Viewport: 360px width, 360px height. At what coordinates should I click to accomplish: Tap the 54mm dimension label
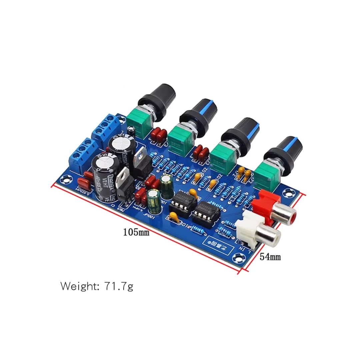click(x=270, y=257)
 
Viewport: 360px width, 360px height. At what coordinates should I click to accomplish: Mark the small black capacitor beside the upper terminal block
click(x=132, y=130)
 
